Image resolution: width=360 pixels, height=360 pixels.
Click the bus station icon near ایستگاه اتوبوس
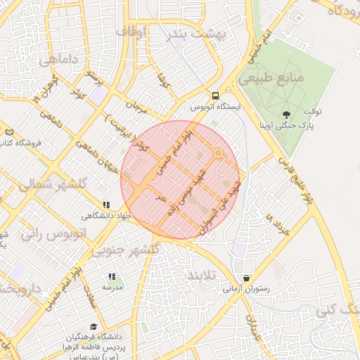tap(215, 96)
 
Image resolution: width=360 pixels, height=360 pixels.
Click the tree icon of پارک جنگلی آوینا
tap(285, 115)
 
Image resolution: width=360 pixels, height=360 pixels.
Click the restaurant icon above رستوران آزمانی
tap(245, 278)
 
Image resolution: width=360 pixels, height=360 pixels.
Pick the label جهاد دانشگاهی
tap(107, 216)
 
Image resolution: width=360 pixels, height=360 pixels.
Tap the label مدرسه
tap(113, 288)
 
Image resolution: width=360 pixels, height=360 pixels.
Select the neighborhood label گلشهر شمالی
tap(42, 185)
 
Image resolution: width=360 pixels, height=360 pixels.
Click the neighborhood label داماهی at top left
tap(58, 60)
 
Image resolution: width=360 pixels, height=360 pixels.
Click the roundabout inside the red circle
tap(218, 153)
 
